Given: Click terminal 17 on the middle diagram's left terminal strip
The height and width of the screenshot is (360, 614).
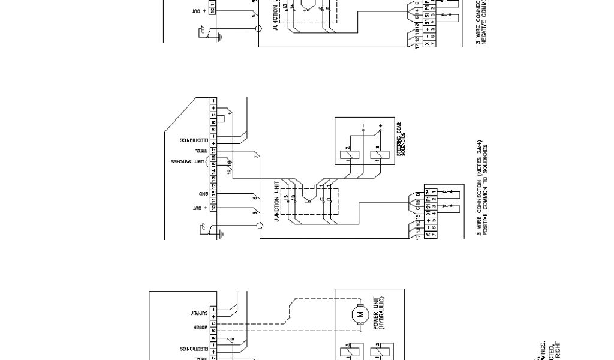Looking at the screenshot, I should (x=213, y=145).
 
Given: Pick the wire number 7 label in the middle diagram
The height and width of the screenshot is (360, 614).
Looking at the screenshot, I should (x=256, y=157).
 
